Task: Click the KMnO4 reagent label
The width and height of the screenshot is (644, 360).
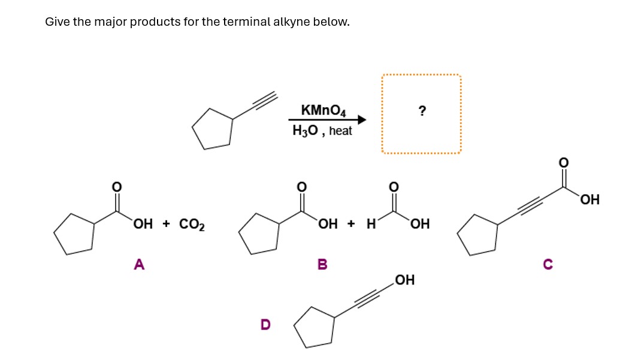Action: point(323,110)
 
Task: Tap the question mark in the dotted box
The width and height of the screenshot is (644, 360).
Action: point(422,110)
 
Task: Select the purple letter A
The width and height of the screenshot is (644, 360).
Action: point(139,264)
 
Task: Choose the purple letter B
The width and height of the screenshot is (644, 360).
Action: point(322,264)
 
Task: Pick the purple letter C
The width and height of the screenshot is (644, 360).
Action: point(548,264)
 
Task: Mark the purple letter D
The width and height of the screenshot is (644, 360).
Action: point(265,324)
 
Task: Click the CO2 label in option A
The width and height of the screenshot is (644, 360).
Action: point(192,225)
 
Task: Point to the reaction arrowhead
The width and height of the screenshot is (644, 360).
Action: point(361,120)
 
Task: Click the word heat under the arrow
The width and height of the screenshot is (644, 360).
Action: point(340,131)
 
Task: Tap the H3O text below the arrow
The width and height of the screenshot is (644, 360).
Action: point(305,131)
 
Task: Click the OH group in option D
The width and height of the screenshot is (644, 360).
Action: point(405,280)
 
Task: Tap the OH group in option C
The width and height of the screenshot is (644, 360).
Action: point(589,199)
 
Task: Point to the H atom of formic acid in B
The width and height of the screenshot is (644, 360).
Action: point(371,225)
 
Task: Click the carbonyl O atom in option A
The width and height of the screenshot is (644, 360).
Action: point(117,186)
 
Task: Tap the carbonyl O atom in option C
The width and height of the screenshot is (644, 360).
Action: point(563,162)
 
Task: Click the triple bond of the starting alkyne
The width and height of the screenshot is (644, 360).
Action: point(264,101)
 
